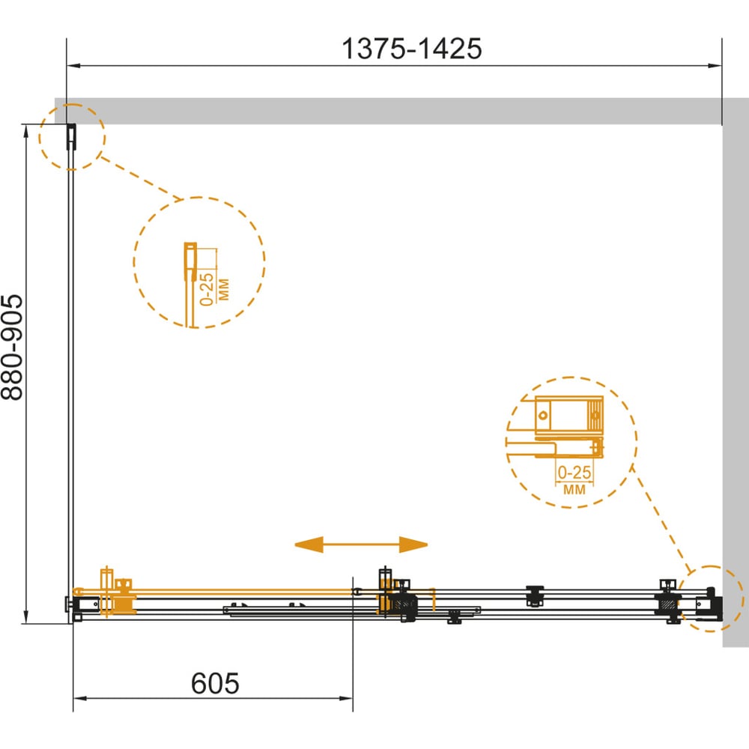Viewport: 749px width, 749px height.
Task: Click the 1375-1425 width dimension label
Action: pyautogui.click(x=412, y=49)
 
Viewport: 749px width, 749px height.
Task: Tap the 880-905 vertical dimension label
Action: pyautogui.click(x=12, y=348)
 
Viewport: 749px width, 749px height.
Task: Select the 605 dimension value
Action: pyautogui.click(x=215, y=683)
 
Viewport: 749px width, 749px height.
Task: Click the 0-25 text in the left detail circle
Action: pyautogui.click(x=207, y=289)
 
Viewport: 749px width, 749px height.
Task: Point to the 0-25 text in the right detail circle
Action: pyautogui.click(x=574, y=473)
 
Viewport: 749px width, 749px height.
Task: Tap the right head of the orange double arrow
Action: pyautogui.click(x=413, y=545)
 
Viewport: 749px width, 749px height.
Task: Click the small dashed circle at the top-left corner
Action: pyautogui.click(x=72, y=136)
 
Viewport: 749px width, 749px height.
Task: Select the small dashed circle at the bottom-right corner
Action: pyautogui.click(x=711, y=599)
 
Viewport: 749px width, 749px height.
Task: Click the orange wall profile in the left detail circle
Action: pyautogui.click(x=190, y=261)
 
